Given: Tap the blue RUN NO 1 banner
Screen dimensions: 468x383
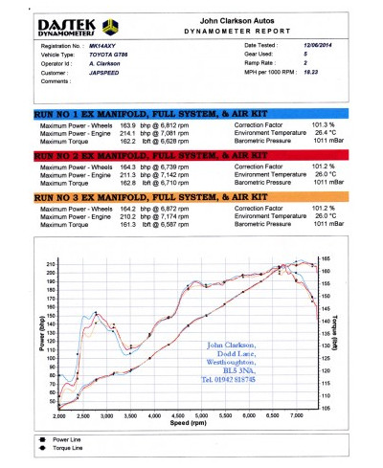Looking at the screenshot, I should (191, 112).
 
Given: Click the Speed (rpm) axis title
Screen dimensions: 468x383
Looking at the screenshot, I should (188, 422).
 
